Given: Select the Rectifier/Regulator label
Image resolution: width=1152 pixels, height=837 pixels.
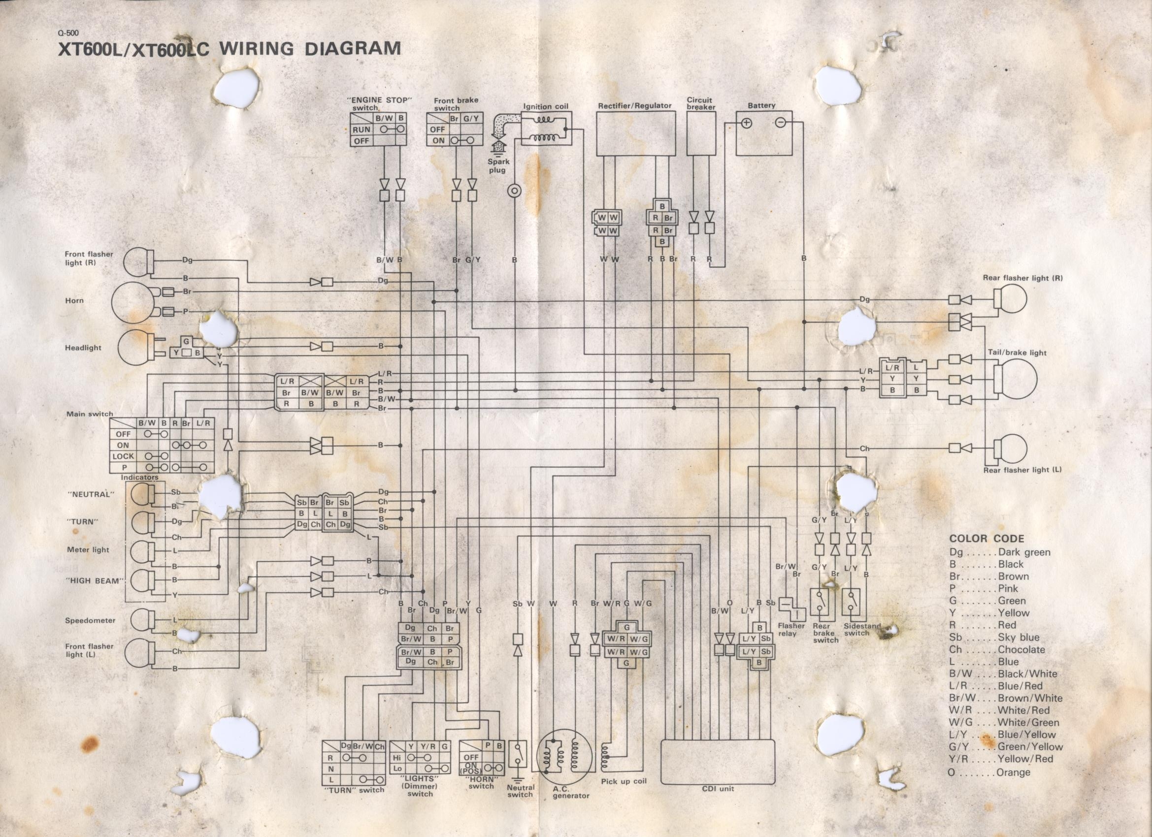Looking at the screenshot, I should [x=634, y=106].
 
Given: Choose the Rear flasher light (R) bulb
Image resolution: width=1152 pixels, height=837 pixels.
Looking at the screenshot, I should [x=1011, y=299].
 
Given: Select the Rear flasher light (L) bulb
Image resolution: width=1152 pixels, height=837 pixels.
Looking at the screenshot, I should [x=1011, y=449].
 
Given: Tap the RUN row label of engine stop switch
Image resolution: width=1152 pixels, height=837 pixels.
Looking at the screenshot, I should [x=361, y=129].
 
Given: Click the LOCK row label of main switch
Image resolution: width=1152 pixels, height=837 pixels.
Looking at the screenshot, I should [x=123, y=456].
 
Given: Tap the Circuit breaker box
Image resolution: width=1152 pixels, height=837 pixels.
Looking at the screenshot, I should [x=701, y=133].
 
